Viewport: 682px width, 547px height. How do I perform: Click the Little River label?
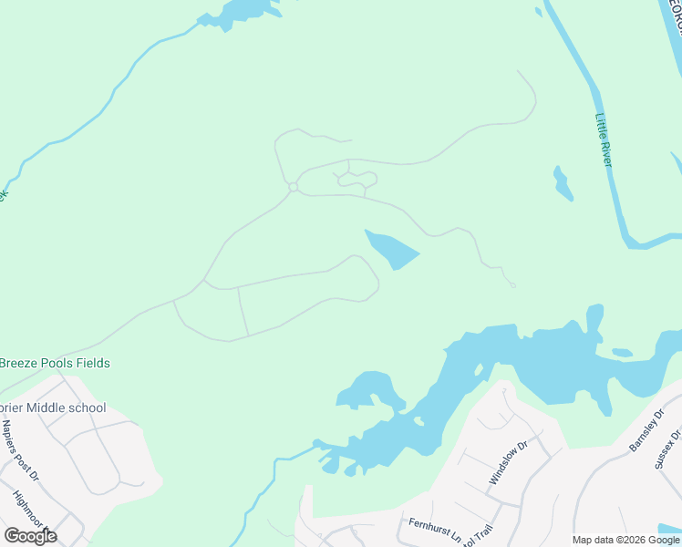pyautogui.click(x=603, y=139)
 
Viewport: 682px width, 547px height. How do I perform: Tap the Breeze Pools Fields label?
pyautogui.click(x=55, y=363)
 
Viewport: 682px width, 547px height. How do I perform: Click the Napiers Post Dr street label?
pyautogui.click(x=21, y=449)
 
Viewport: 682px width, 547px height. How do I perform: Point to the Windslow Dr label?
pyautogui.click(x=508, y=463)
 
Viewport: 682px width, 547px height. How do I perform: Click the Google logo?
pyautogui.click(x=30, y=536)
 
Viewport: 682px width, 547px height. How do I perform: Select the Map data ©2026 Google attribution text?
pyautogui.click(x=626, y=540)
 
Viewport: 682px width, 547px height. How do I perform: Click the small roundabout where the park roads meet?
pyautogui.click(x=293, y=187)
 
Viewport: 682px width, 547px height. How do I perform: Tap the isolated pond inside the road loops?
pyautogui.click(x=391, y=249)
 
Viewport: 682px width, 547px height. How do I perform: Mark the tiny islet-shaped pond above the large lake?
pyautogui.click(x=622, y=352)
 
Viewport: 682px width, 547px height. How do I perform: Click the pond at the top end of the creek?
pyautogui.click(x=240, y=12)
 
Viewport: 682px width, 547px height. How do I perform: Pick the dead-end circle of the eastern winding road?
pyautogui.click(x=513, y=285)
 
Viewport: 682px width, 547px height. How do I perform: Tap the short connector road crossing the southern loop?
pyautogui.click(x=243, y=311)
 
